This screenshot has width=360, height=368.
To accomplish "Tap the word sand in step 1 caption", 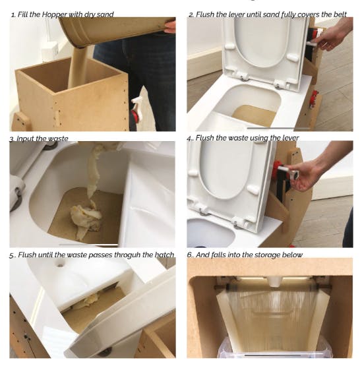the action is [105, 15].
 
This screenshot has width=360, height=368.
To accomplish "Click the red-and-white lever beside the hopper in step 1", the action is [136, 110].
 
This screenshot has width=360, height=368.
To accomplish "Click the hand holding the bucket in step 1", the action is [170, 26].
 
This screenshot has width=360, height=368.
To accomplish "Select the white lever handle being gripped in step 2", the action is [312, 43].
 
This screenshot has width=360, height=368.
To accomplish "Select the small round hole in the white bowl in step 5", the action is [60, 265].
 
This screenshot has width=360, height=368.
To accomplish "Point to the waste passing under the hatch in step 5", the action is [89, 302].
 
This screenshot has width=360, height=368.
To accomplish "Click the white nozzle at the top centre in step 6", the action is [274, 282].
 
